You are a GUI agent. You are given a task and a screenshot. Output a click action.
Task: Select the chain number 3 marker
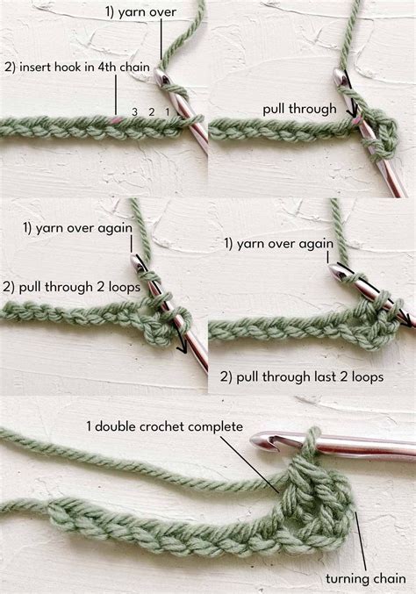tap(134, 111)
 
